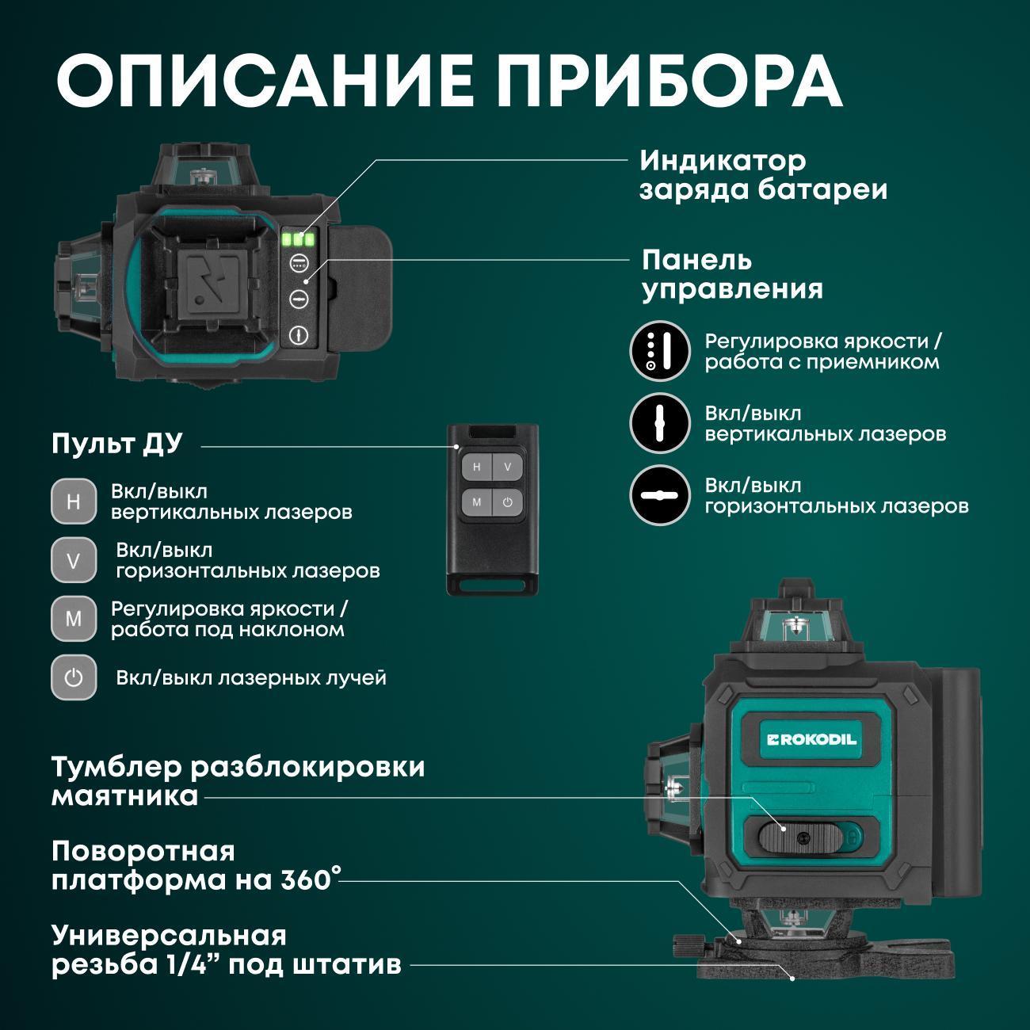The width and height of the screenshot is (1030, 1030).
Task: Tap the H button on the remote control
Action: click(476, 467)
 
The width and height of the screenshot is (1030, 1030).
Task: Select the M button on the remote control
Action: click(476, 502)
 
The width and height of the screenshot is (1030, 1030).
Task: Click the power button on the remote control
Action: click(507, 502)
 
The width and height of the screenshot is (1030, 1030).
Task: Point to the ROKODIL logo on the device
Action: click(811, 740)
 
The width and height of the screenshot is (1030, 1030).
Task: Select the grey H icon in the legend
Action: click(74, 502)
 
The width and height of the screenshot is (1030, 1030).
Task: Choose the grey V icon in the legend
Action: click(74, 560)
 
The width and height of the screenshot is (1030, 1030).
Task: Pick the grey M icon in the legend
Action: click(74, 619)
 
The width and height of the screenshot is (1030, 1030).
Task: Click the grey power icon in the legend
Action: click(74, 677)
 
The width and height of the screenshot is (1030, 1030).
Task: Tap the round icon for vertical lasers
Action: click(659, 423)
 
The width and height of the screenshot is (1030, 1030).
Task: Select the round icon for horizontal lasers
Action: click(659, 495)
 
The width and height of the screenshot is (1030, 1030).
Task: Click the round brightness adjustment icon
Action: click(659, 351)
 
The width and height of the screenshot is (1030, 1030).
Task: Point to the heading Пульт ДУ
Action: click(117, 444)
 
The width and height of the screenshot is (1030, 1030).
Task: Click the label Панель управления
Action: click(732, 275)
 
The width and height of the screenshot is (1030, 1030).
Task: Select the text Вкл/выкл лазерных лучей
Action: click(251, 678)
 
